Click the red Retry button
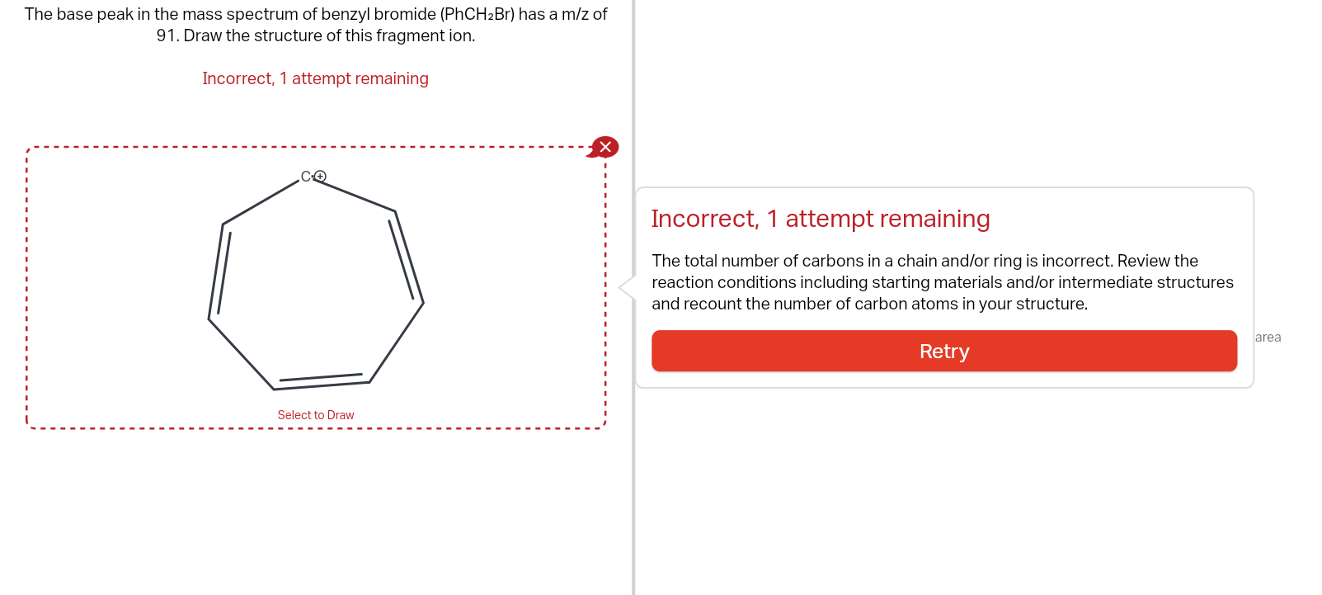point(943,352)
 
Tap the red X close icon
point(605,147)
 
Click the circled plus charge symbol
point(320,177)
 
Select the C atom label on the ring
point(306,177)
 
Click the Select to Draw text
point(316,415)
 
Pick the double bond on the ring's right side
point(406,257)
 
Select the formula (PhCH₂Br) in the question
point(478,14)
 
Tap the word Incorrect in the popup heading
point(703,219)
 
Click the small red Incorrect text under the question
point(238,78)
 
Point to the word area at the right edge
point(1268,337)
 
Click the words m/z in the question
point(576,14)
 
